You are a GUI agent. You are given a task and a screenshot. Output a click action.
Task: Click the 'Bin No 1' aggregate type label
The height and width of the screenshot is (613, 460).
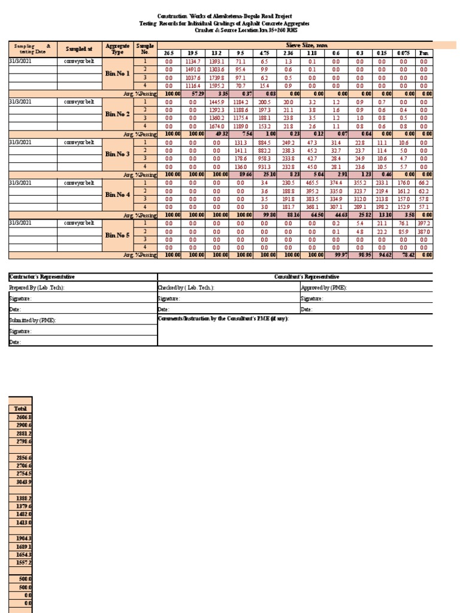point(117,73)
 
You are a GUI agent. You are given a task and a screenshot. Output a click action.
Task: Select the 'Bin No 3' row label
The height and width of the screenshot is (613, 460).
point(117,154)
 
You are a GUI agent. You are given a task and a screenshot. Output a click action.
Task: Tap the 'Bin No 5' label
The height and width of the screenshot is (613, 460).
point(117,235)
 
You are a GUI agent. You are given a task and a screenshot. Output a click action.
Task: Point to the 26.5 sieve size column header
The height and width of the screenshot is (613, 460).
point(168,53)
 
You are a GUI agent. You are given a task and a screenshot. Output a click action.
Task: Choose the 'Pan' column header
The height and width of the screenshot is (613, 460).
point(424,53)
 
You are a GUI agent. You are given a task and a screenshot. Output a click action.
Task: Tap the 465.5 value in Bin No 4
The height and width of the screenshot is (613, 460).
point(313,183)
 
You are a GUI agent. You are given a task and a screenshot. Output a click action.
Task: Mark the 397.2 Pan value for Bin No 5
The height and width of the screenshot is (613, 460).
point(424,223)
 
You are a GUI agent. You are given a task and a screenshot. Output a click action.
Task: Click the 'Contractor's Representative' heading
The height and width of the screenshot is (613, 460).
point(42,277)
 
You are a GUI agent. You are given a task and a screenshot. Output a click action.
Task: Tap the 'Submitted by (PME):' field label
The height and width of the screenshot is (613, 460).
point(33,320)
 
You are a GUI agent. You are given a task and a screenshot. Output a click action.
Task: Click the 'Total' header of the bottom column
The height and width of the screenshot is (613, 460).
point(20,408)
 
